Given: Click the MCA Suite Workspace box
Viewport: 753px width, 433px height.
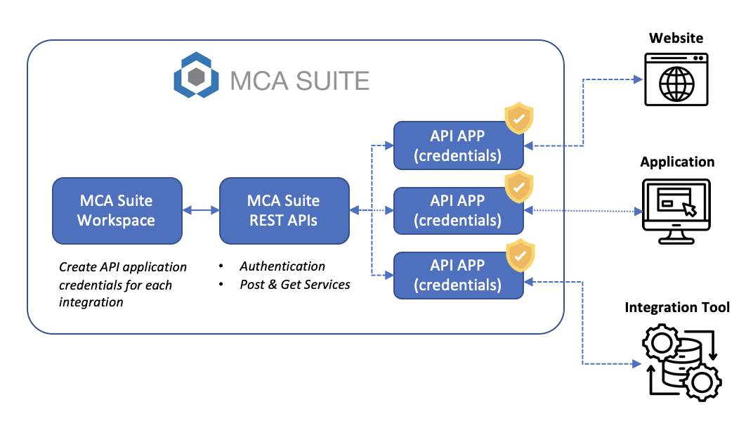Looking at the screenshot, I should pos(117,210).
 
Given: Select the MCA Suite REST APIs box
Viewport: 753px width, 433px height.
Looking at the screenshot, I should pos(284,210).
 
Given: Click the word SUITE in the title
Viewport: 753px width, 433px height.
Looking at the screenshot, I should pos(332,81).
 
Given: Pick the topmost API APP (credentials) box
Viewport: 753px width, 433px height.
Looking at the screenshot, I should pos(458,146).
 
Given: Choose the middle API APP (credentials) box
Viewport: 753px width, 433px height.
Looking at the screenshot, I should pos(458,210).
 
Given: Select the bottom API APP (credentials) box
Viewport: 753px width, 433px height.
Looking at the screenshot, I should pos(458,275).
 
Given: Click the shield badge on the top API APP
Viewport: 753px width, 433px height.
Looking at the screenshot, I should pos(519,118).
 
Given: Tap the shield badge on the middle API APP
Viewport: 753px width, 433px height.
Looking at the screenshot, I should pos(519,186).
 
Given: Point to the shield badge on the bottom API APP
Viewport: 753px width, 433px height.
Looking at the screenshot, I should pos(520,254).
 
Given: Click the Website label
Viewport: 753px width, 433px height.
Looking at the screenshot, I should pos(676,38).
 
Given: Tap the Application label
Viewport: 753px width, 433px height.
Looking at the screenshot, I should pos(677,162).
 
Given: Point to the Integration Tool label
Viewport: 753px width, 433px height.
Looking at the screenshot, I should pos(677,307).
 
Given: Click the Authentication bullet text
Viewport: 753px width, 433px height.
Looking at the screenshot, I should pos(282,266).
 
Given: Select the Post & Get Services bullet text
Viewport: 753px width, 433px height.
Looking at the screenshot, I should pos(295,285).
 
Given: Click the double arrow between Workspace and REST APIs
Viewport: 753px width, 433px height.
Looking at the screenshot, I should pos(200,210).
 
